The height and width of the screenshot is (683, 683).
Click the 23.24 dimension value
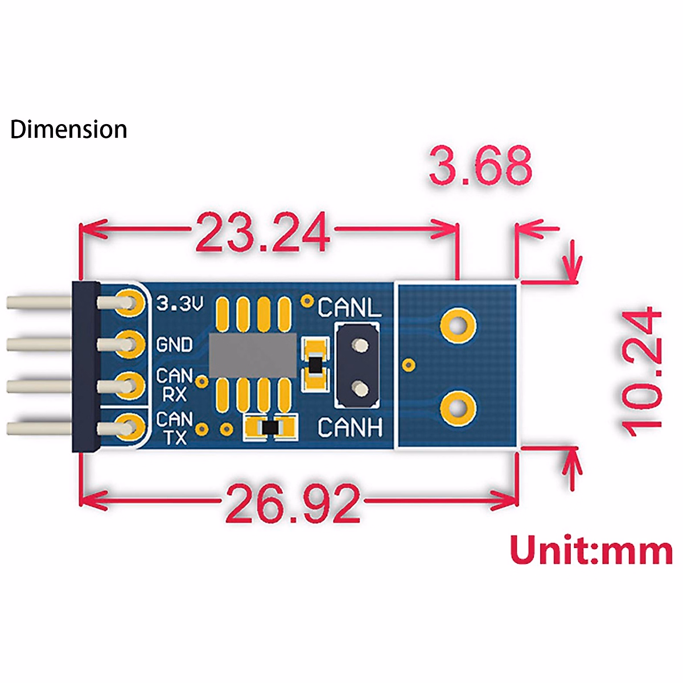point(263,232)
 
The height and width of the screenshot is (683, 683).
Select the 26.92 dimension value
point(293,503)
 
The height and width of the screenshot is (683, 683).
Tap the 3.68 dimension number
point(481,166)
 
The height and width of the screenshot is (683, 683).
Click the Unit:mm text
point(591,551)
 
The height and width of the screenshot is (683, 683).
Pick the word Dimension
point(69,130)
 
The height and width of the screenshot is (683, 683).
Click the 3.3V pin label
point(180,303)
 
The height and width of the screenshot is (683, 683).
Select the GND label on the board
point(174,345)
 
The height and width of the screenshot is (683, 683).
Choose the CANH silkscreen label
point(350,427)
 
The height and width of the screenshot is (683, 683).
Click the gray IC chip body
point(253,356)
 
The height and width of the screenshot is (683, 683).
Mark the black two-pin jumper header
point(357,365)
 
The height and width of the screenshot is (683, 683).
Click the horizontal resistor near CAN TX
point(270,427)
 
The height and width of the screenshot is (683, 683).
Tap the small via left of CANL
point(308,300)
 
